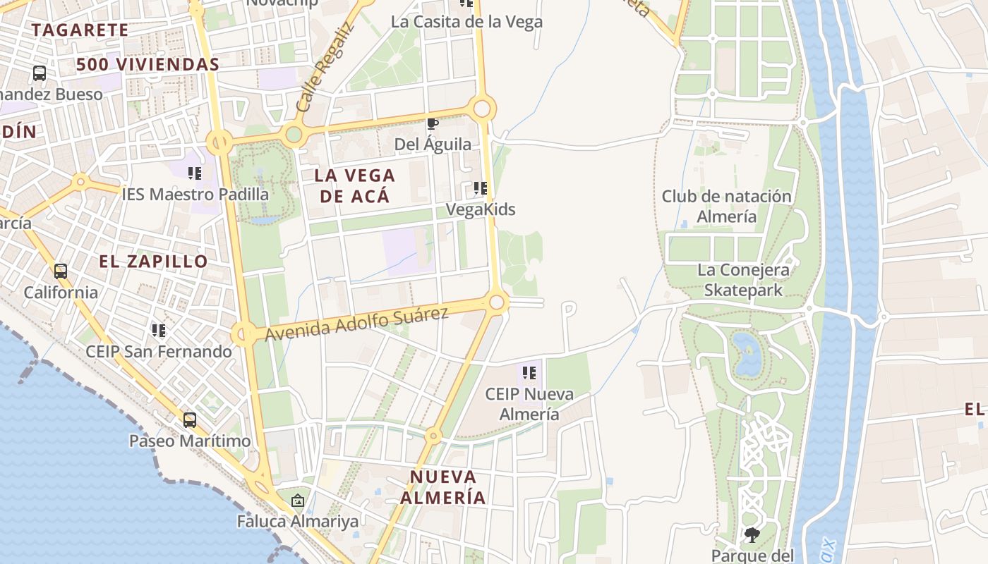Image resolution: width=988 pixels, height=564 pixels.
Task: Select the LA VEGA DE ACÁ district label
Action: (355, 185)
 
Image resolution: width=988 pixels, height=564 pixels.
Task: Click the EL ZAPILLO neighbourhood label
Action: (153, 262)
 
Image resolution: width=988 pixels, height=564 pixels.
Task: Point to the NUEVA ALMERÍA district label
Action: (443, 487)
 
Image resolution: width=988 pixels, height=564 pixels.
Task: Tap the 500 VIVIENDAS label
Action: (147, 64)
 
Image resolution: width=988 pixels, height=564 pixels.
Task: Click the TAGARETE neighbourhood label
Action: (80, 30)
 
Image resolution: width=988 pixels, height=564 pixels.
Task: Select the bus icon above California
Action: (61, 271)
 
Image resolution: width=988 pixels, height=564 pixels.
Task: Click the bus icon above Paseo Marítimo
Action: (189, 420)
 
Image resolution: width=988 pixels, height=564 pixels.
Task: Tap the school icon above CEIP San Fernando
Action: (159, 330)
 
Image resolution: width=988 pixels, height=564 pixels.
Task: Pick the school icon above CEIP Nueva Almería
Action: (529, 373)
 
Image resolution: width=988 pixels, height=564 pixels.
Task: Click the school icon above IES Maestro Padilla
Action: (195, 173)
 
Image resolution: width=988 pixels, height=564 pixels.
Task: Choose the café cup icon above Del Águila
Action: (433, 125)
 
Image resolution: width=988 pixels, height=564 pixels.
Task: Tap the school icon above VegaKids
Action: (481, 188)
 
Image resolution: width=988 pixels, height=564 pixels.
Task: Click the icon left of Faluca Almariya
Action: (298, 501)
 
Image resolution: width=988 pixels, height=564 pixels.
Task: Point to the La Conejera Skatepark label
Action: (743, 280)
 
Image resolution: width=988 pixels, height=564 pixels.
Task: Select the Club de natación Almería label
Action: (726, 207)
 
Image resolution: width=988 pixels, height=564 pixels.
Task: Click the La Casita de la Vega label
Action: (466, 22)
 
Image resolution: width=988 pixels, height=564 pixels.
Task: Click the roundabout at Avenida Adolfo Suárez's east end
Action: (497, 302)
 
